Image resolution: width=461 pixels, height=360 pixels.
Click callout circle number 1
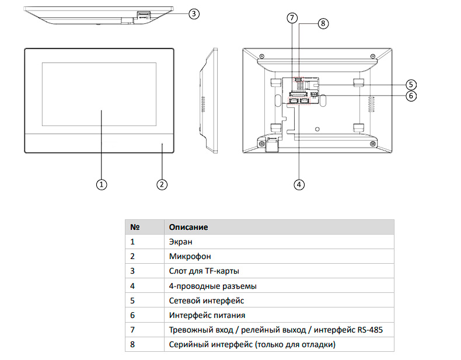coord(102,184)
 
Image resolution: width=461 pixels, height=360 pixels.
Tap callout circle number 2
coord(162,184)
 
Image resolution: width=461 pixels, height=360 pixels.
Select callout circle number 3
coord(195,13)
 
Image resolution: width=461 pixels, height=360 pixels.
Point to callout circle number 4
coord(299,184)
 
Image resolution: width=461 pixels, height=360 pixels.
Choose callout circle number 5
coord(411,85)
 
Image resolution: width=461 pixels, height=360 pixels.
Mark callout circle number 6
coord(411,96)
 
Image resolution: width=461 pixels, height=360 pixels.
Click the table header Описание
coord(188,226)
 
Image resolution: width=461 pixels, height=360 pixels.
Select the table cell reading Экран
coord(180,241)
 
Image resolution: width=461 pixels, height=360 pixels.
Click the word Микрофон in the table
coord(190,256)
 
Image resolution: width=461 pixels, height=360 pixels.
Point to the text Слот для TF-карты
coord(204,271)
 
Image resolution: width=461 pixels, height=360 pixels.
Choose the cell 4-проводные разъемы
coord(212,286)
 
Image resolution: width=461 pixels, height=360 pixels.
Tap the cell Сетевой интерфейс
coord(206,300)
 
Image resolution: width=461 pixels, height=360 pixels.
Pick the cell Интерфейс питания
coord(203,316)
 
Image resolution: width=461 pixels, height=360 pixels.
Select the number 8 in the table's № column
coord(132,345)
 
